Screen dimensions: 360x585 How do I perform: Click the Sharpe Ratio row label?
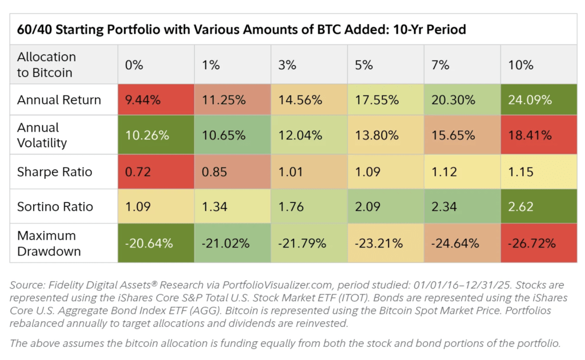tap(54, 172)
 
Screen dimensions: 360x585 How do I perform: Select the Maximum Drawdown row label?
tap(49, 243)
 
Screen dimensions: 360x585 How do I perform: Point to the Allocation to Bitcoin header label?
tap(46, 65)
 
